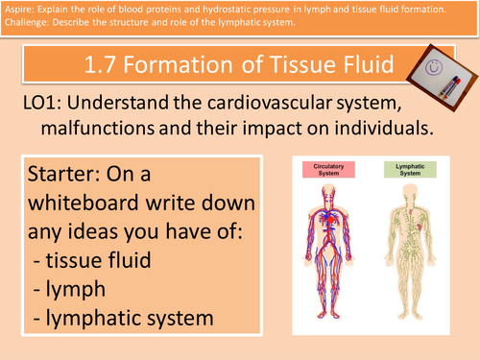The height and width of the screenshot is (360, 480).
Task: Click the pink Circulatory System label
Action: click(328, 169)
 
